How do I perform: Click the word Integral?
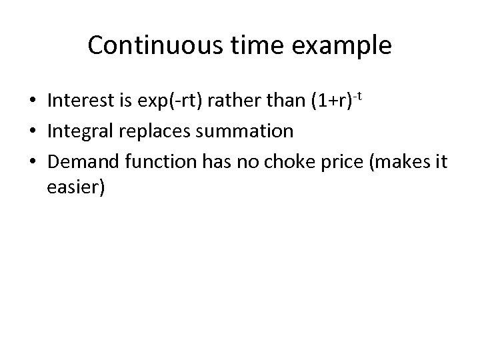pos(79,131)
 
